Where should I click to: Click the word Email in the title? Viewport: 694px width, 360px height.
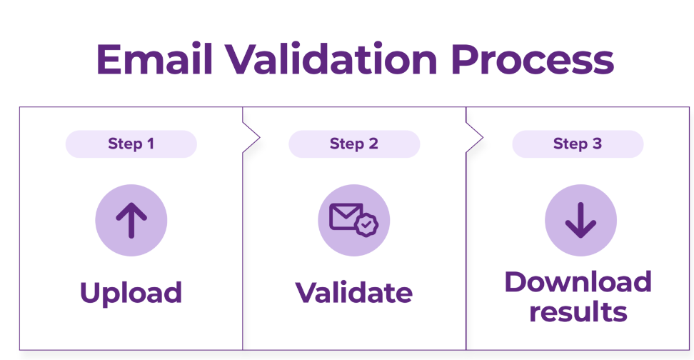pyautogui.click(x=155, y=59)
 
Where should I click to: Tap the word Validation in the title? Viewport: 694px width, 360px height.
pyautogui.click(x=332, y=59)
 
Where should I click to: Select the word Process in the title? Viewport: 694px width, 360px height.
pyautogui.click(x=533, y=59)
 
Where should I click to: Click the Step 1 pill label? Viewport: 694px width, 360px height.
pyautogui.click(x=131, y=144)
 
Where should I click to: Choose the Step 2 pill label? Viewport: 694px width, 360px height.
pyautogui.click(x=354, y=144)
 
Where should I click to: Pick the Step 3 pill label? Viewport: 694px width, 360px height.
pyautogui.click(x=578, y=144)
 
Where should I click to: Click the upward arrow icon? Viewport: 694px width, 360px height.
pyautogui.click(x=131, y=220)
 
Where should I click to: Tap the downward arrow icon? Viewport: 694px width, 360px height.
pyautogui.click(x=580, y=220)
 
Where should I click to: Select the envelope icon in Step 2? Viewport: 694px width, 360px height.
pyautogui.click(x=346, y=216)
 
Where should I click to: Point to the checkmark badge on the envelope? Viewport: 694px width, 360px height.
pyautogui.click(x=366, y=225)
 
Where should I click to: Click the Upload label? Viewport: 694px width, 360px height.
pyautogui.click(x=131, y=293)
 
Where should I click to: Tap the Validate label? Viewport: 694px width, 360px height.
pyautogui.click(x=354, y=293)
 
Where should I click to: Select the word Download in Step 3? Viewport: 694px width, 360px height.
pyautogui.click(x=578, y=281)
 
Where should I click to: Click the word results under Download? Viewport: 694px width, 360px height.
pyautogui.click(x=578, y=311)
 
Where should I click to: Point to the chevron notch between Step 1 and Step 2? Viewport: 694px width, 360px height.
pyautogui.click(x=251, y=137)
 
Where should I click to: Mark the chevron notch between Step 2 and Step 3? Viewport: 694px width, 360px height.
pyautogui.click(x=475, y=137)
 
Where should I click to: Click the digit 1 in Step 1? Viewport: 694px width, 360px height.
pyautogui.click(x=151, y=144)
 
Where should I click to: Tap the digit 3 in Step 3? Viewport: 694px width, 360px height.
pyautogui.click(x=598, y=144)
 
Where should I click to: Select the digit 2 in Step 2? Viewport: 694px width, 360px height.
pyautogui.click(x=373, y=144)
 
